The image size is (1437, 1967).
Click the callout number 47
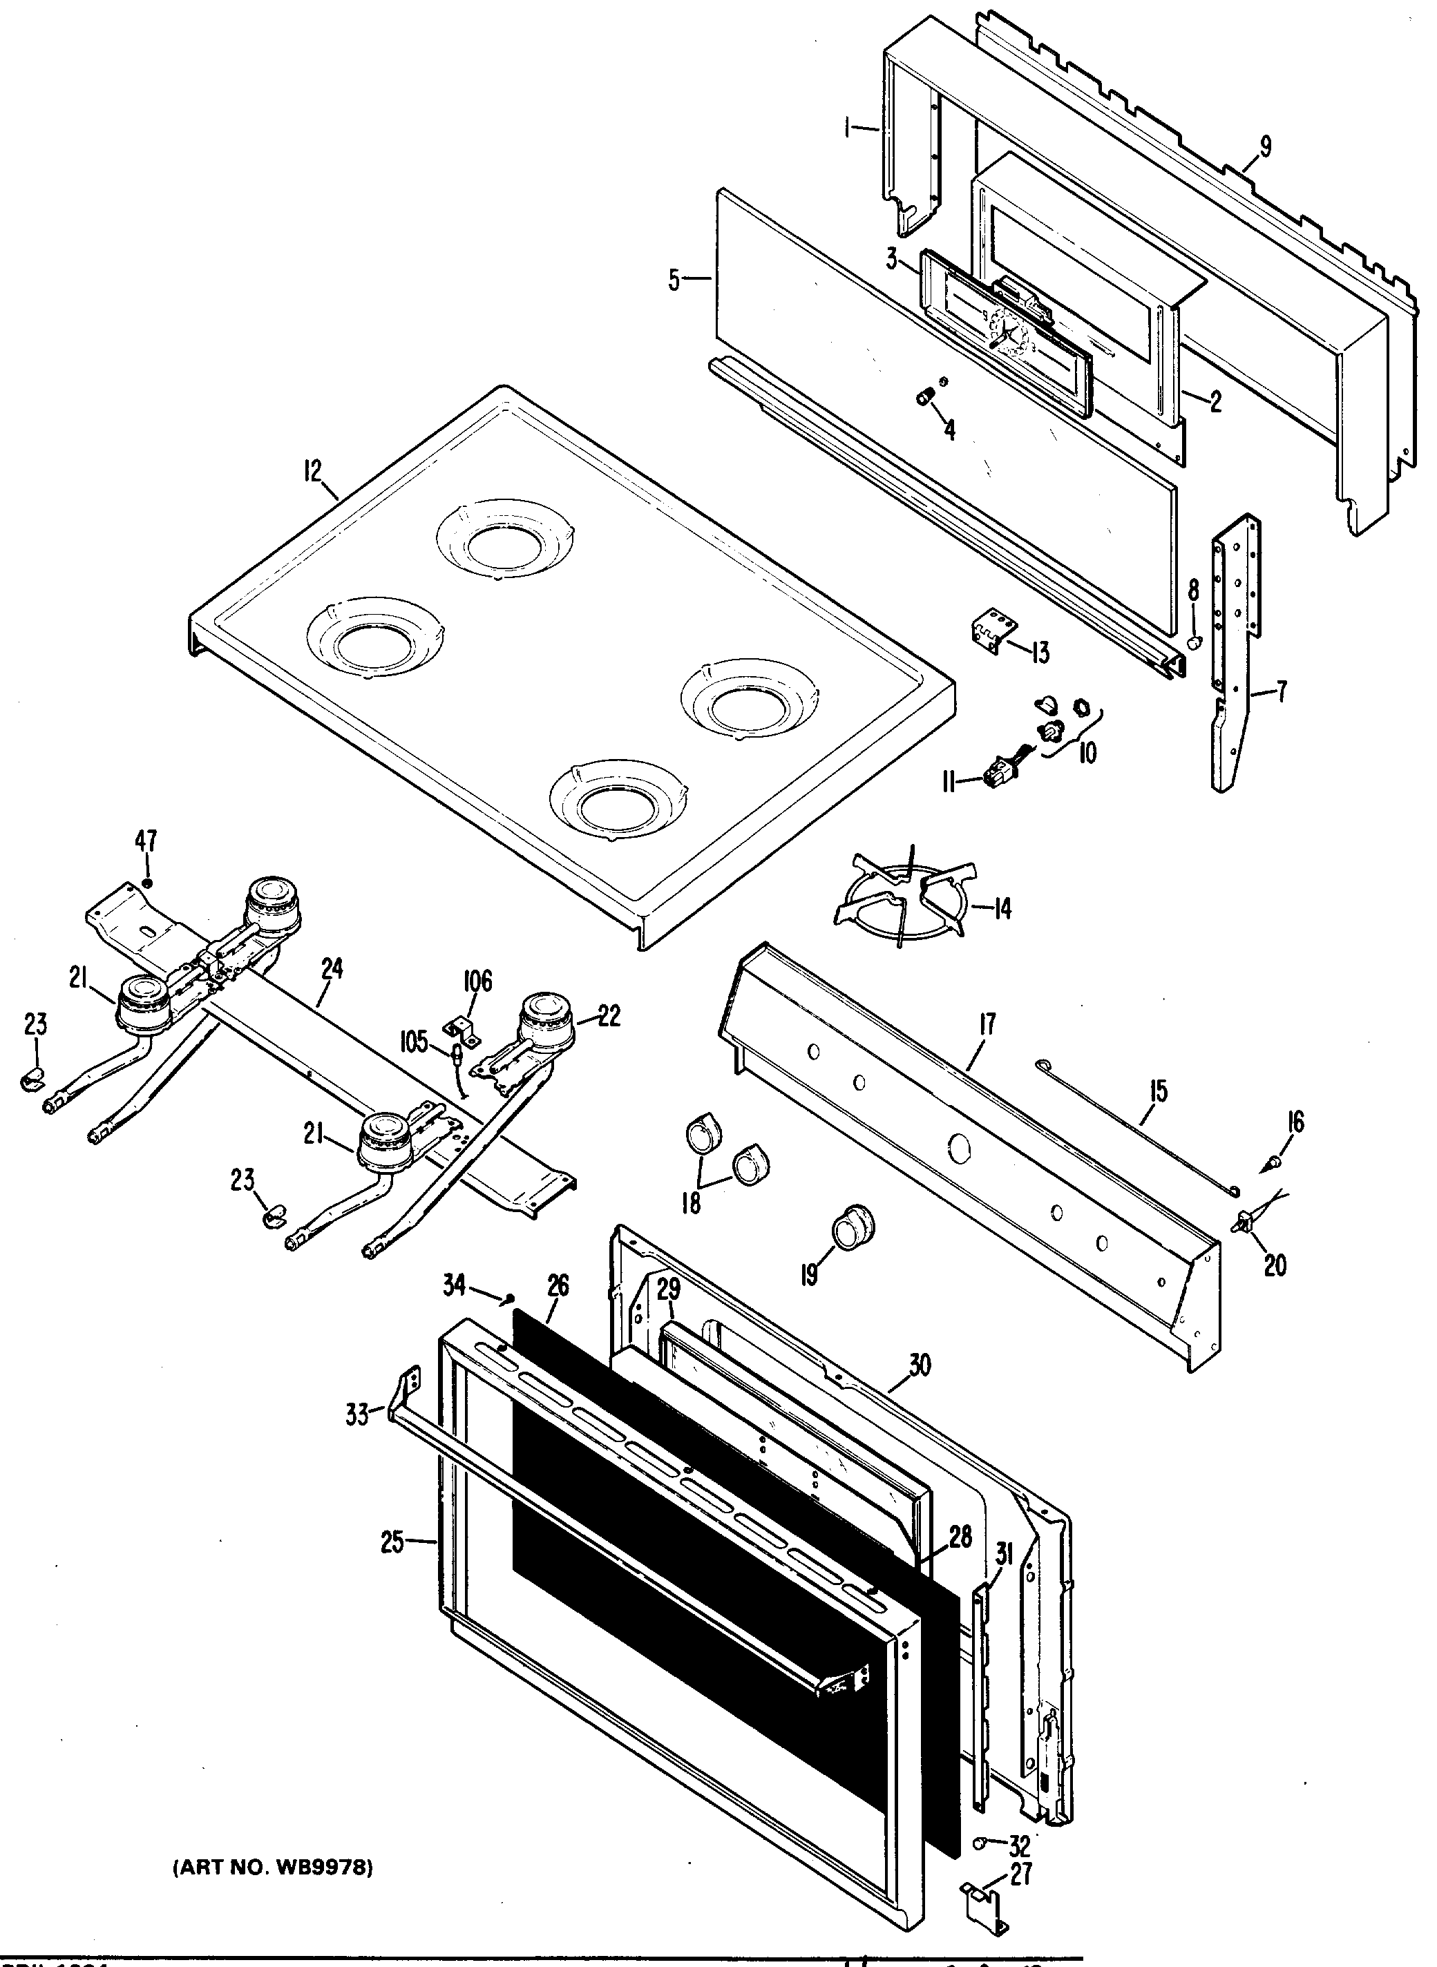click(145, 841)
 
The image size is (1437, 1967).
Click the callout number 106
click(477, 981)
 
